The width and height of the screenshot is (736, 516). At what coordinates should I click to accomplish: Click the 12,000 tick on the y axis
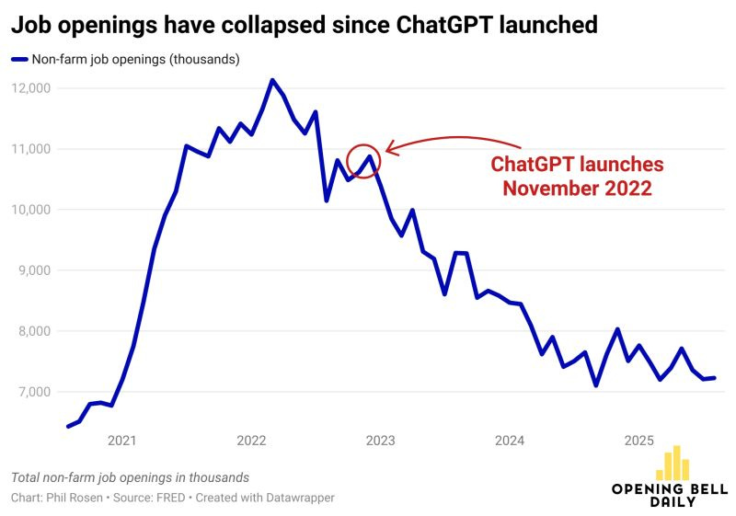pos(32,88)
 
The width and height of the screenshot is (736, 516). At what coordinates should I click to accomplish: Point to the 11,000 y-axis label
pos(32,149)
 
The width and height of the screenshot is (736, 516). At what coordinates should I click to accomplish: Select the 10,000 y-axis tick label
pos(32,210)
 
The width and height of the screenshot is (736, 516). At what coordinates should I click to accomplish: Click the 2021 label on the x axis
pos(122,441)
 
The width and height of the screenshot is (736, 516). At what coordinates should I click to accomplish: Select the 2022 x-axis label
pos(251,441)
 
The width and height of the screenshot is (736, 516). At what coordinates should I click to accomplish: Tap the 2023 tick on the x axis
pos(381,441)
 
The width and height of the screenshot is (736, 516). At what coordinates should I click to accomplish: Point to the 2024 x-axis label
pos(510,441)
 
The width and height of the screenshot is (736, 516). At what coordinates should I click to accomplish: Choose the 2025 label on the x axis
pos(638,441)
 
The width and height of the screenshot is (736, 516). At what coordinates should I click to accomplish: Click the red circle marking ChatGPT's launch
pos(364,161)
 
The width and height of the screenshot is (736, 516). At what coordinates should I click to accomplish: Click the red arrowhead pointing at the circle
pos(390,146)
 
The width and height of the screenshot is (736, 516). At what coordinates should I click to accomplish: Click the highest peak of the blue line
pos(271,80)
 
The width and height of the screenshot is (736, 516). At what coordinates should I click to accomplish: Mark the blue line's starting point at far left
pos(68,426)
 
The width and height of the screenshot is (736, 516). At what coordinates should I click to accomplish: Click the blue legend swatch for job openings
pos(19,60)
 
